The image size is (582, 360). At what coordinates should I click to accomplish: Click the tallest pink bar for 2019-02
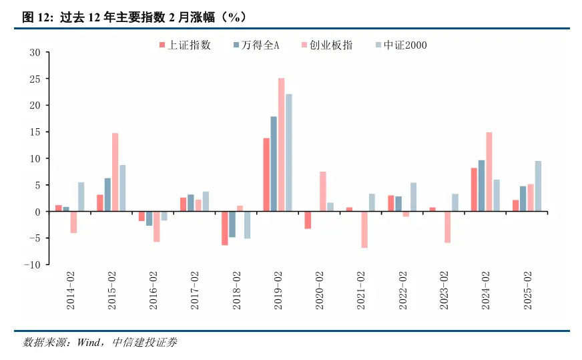[282, 144]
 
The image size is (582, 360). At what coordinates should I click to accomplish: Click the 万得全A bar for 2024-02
[481, 186]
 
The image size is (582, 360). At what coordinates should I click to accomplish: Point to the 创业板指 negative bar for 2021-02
[364, 229]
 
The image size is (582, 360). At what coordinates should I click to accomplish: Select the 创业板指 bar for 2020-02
[323, 191]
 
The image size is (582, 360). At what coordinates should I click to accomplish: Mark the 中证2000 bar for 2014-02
[81, 197]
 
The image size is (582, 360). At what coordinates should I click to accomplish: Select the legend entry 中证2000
[404, 45]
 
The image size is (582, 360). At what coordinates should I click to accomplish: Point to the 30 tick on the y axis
[35, 52]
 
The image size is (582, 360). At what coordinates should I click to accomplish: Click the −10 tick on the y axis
[31, 264]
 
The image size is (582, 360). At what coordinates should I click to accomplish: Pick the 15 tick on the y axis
[35, 132]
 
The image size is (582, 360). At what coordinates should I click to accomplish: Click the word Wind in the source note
[89, 343]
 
